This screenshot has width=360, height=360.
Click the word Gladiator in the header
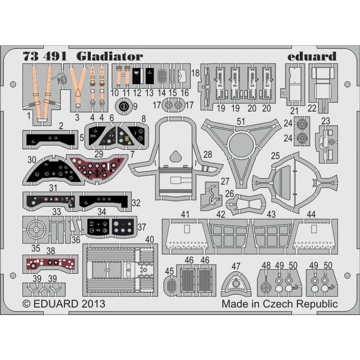tap(109, 56)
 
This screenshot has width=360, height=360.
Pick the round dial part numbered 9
tap(124, 107)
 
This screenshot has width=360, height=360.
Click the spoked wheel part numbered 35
tap(35, 230)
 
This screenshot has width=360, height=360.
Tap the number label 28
tap(207, 154)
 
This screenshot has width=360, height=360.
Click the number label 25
tap(275, 156)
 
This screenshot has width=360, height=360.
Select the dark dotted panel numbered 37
tap(123, 227)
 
